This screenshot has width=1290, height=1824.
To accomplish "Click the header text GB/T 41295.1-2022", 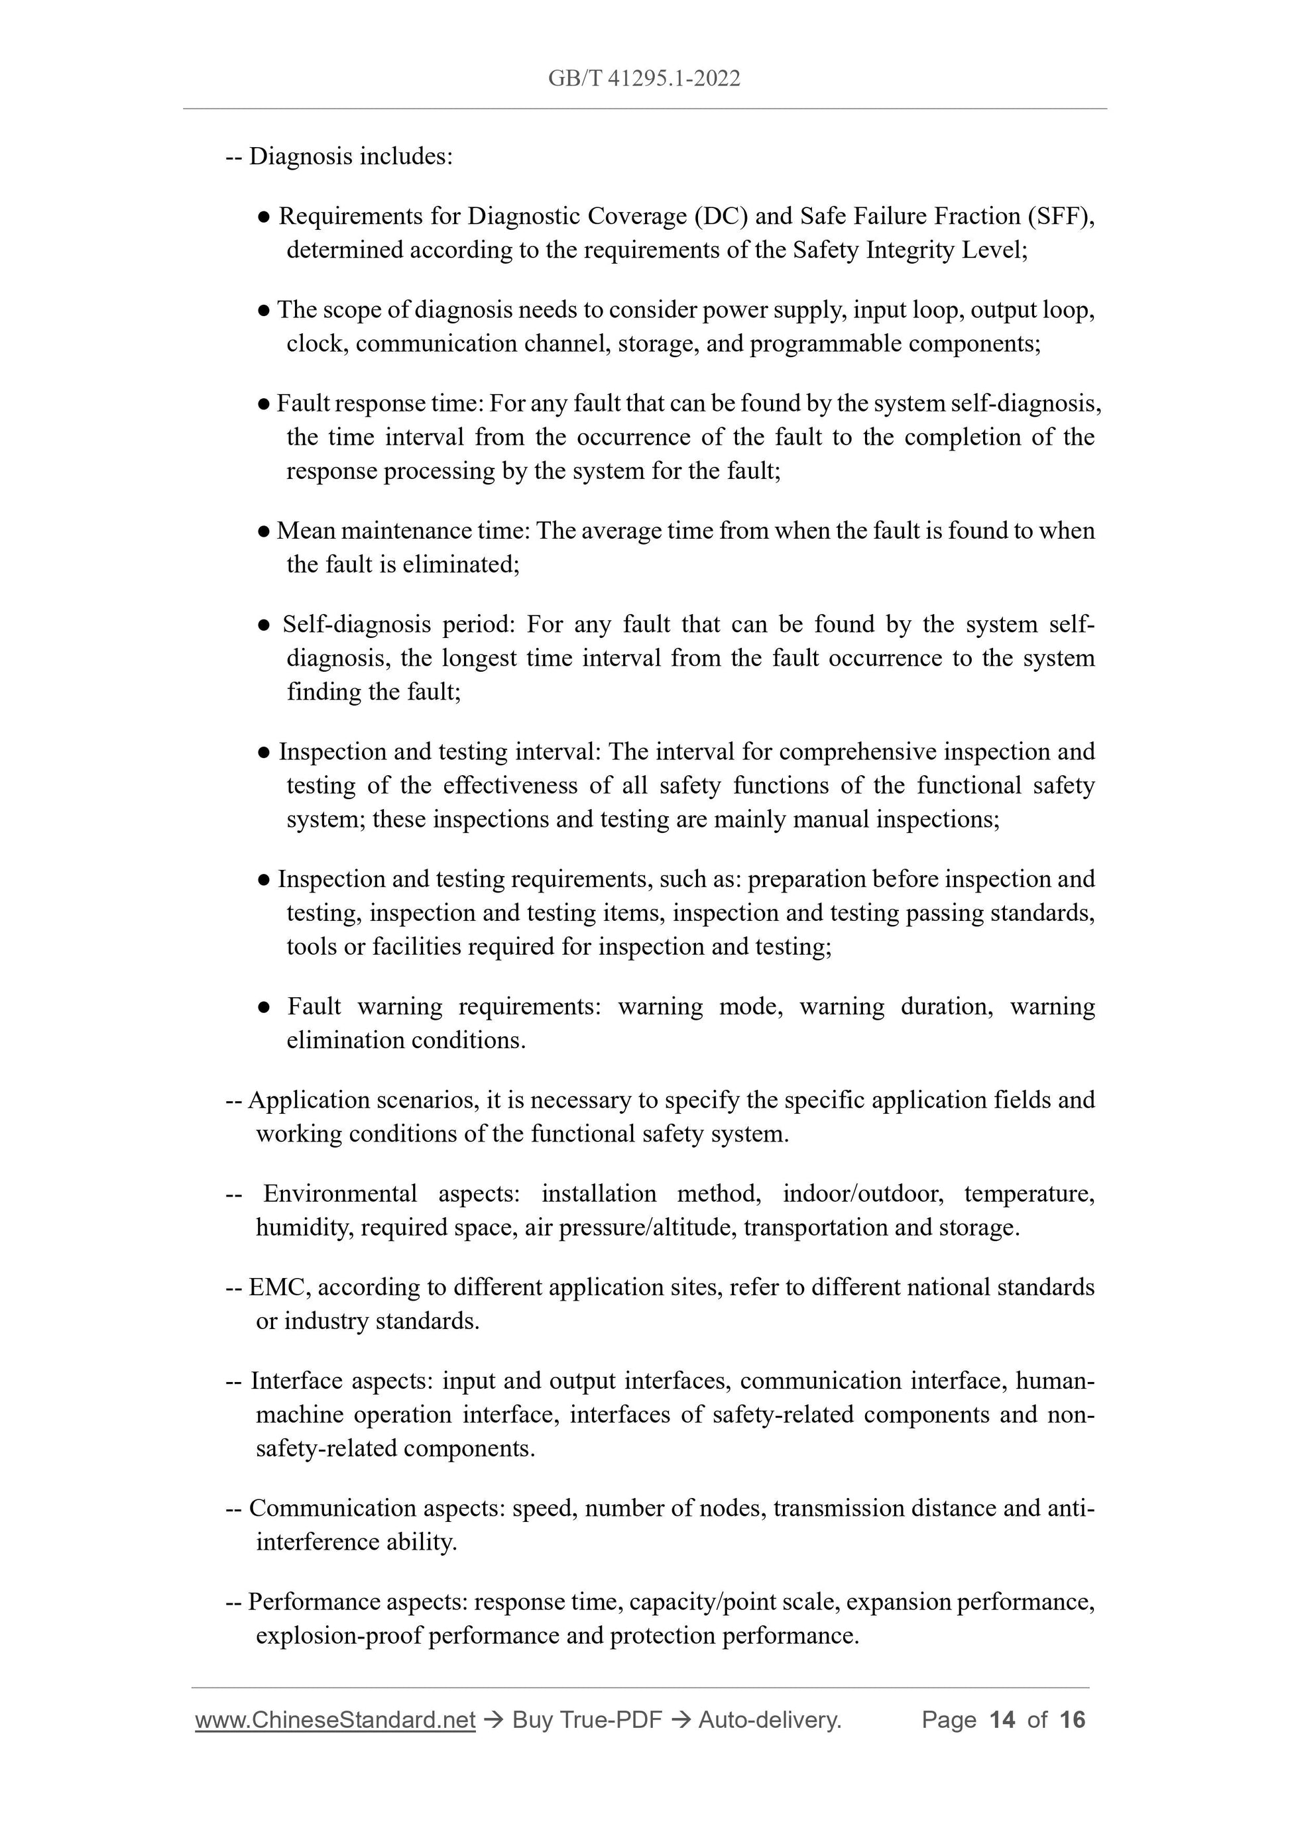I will click(644, 78).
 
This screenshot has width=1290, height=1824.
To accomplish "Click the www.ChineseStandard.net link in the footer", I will click(335, 1720).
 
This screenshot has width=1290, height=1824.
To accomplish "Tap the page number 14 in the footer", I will click(1002, 1720).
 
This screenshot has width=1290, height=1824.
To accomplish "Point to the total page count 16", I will click(1072, 1720).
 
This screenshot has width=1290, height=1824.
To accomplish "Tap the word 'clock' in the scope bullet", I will click(316, 344).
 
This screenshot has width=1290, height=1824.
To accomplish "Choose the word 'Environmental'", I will click(340, 1193).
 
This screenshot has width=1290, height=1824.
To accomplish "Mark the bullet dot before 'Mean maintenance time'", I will click(264, 532).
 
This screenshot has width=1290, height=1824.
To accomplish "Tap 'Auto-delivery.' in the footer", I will click(770, 1720).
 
